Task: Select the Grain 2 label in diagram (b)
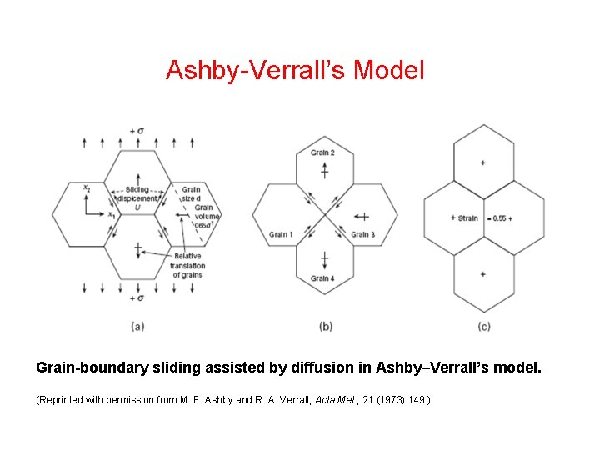tap(322, 152)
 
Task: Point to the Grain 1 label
tap(281, 234)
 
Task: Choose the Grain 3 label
tap(362, 234)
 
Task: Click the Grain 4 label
tap(322, 278)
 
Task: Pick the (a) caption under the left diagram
tap(137, 326)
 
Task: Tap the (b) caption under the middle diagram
tap(325, 326)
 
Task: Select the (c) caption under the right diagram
tap(484, 326)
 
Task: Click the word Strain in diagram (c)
tap(468, 218)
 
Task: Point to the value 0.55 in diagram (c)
tap(499, 218)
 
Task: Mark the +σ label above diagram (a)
tap(137, 130)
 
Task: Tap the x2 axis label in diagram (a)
tap(87, 188)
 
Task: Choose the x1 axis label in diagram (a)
tap(111, 215)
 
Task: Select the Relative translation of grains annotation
tap(187, 265)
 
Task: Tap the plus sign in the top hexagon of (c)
tap(483, 162)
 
